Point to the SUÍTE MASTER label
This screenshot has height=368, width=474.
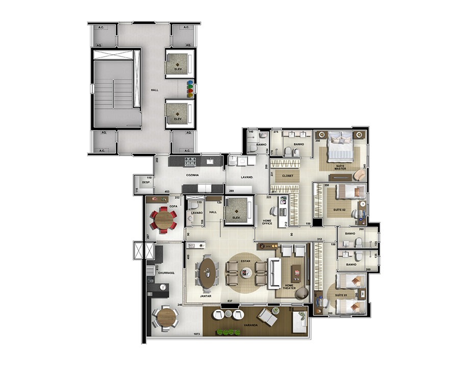click(x=340, y=167)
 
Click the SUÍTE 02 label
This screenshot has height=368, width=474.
click(x=340, y=210)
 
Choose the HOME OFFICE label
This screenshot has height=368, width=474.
click(x=267, y=221)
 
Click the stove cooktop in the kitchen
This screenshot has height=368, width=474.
click(x=190, y=163)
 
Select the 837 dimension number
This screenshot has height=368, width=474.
click(x=230, y=301)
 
